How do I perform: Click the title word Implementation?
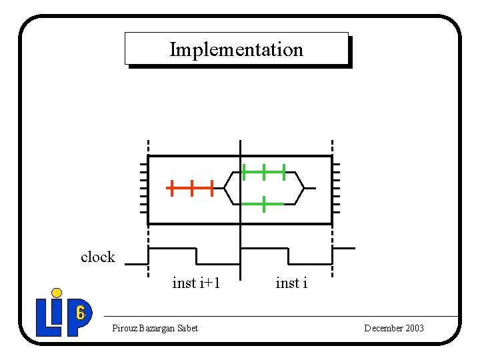coord(236,49)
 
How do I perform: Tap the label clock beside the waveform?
coord(97,257)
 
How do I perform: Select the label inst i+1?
coord(196,283)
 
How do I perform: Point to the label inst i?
coord(291,283)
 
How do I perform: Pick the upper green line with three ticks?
coord(264,172)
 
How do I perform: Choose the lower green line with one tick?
coord(264,204)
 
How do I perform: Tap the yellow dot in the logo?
coord(57,292)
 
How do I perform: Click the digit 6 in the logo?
coord(80,312)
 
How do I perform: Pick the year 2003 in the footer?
coord(414,328)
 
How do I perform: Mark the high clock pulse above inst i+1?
coord(172,248)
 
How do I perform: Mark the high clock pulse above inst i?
coord(264,248)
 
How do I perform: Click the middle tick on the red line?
coord(191,188)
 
